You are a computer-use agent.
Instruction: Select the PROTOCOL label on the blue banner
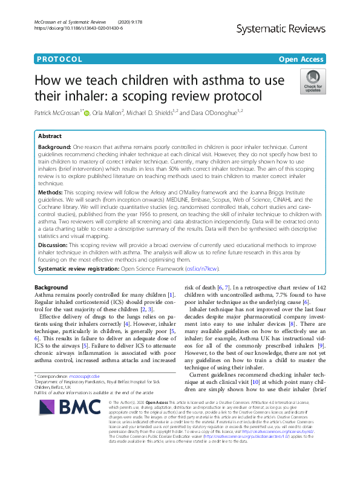(x=59, y=59)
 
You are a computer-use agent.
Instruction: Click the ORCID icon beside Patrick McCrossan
(x=86, y=112)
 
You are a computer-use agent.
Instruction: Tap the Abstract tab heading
(x=50, y=136)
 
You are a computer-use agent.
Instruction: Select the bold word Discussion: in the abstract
(x=56, y=241)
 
